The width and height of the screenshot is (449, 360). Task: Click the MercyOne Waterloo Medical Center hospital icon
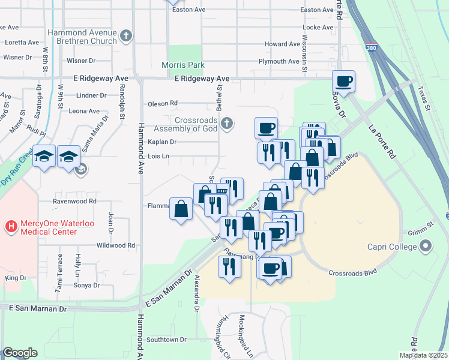(x=10, y=227)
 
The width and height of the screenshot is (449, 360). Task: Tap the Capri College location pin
(x=426, y=246)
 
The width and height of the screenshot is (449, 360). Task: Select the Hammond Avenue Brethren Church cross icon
(x=125, y=36)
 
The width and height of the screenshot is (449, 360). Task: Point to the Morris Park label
(x=183, y=65)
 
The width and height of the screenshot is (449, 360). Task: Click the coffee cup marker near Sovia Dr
(x=344, y=81)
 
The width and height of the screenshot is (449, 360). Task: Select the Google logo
(x=20, y=353)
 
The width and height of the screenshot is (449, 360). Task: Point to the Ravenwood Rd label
(x=74, y=201)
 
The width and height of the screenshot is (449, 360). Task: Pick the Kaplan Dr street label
(x=162, y=142)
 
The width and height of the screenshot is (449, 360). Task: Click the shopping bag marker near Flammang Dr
(x=181, y=209)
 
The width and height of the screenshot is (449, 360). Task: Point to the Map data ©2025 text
(x=423, y=355)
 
